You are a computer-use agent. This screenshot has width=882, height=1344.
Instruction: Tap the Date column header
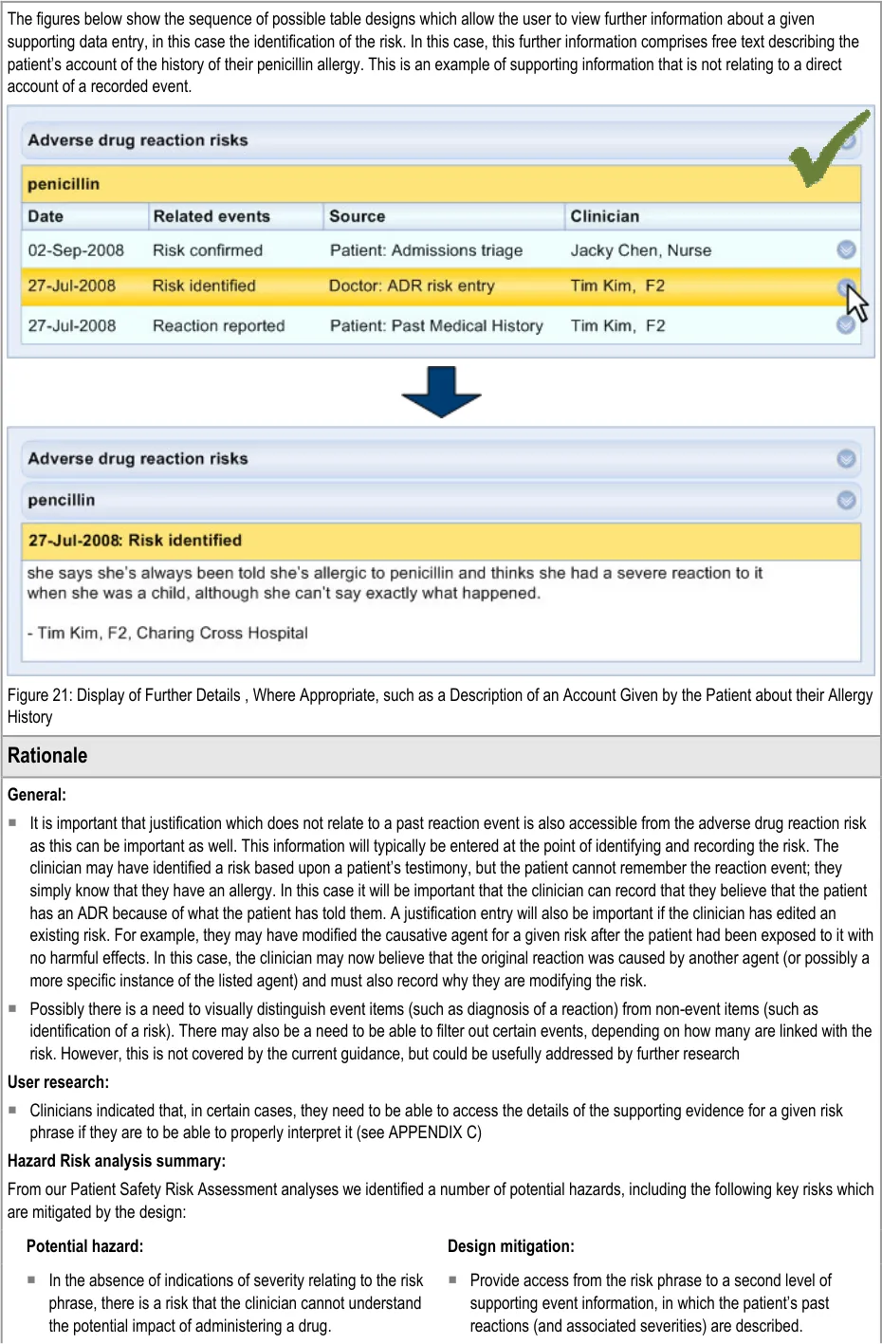click(46, 216)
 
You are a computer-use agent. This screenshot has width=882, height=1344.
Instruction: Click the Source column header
click(357, 216)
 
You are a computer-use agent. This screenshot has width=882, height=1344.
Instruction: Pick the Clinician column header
click(604, 216)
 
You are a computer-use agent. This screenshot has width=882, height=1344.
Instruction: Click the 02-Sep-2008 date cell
click(76, 250)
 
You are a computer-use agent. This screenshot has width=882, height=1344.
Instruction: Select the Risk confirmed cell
click(208, 250)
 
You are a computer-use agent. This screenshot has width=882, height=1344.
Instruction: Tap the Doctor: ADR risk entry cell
click(412, 285)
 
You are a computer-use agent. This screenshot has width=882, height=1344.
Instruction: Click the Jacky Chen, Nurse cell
click(640, 250)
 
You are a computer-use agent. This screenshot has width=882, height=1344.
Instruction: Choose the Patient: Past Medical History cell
click(436, 325)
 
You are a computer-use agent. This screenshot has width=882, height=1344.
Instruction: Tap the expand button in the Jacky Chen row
click(847, 249)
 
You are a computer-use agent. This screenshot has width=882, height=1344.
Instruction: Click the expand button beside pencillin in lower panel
click(847, 500)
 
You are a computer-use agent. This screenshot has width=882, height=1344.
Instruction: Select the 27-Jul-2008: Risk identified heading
click(135, 541)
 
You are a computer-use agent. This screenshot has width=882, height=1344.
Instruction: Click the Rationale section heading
click(47, 756)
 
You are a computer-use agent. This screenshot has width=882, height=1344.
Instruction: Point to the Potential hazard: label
click(85, 1246)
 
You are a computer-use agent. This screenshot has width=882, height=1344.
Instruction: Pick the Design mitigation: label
click(511, 1246)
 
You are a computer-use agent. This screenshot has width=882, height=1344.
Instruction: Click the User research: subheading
click(58, 1082)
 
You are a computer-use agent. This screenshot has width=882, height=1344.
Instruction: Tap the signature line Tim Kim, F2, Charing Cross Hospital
click(168, 633)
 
